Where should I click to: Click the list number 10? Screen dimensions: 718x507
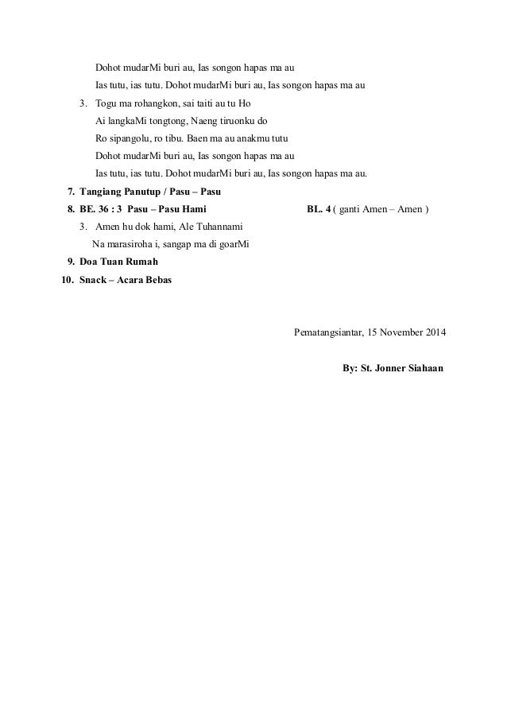(x=67, y=279)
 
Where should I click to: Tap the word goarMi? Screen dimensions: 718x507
(x=232, y=244)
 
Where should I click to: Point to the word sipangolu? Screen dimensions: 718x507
(x=127, y=139)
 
